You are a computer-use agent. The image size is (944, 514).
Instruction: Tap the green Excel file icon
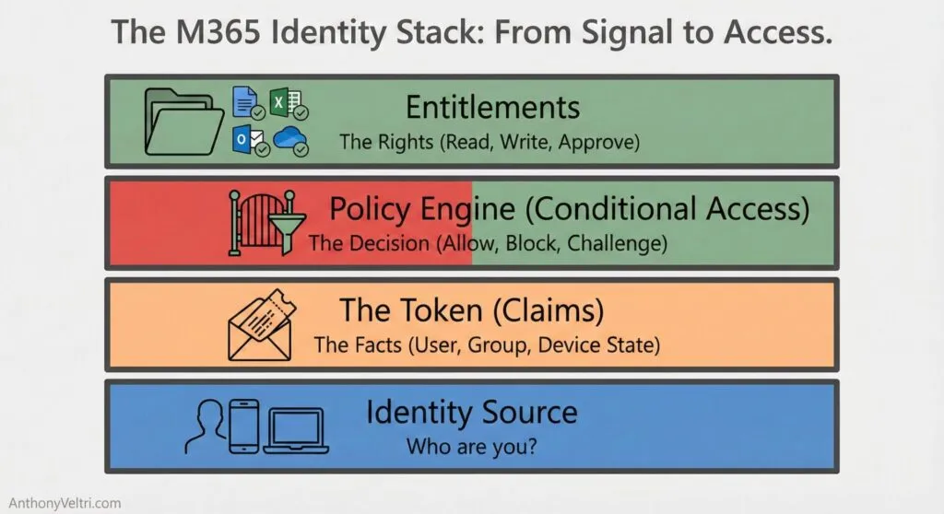[x=283, y=103]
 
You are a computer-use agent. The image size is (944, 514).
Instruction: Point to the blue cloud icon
[x=290, y=139]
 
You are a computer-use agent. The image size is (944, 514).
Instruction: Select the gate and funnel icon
[x=261, y=221]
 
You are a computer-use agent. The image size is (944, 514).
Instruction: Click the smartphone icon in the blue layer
[x=243, y=425]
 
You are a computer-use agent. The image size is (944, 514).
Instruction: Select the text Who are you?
[x=472, y=447]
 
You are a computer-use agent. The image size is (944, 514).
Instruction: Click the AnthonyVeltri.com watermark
[x=61, y=503]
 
